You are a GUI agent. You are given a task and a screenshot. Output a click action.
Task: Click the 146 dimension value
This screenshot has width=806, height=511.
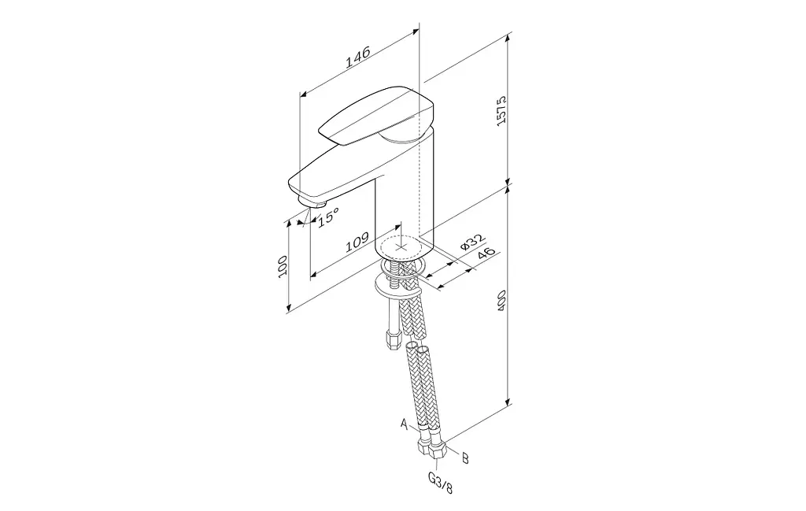pos(358,57)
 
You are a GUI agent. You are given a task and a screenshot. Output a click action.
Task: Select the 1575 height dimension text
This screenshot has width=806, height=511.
pos(501,109)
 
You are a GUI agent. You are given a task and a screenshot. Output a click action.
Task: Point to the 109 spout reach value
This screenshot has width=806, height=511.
pos(357,243)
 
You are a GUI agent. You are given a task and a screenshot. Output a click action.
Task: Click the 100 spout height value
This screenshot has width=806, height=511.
pos(283,267)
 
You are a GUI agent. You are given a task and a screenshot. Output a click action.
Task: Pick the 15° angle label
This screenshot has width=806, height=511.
pos(328,217)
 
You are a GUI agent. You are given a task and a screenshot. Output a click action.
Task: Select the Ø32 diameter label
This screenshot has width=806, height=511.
pos(472,242)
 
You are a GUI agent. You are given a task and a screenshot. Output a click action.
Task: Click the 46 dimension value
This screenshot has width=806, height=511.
pos(486,254)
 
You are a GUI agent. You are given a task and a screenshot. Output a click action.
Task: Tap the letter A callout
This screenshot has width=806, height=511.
pos(405,424)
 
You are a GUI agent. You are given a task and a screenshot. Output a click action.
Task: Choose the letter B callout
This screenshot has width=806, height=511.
pos(465,457)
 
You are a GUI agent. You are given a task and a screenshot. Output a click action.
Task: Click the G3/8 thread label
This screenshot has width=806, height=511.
pos(441,483)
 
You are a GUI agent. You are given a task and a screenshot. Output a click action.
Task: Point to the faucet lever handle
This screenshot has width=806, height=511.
pos(377,116)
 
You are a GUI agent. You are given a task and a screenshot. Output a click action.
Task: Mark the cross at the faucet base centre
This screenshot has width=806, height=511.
pos(401,246)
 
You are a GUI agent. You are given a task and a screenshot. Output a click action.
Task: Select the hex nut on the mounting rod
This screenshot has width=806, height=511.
pos(393,340)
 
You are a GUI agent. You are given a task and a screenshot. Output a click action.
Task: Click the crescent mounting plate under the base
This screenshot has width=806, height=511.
pos(397,287)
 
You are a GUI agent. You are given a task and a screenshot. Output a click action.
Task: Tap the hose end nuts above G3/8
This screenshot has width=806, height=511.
pos(432,447)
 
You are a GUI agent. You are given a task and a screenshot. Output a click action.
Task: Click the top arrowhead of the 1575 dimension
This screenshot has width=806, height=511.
pos(508,35)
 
